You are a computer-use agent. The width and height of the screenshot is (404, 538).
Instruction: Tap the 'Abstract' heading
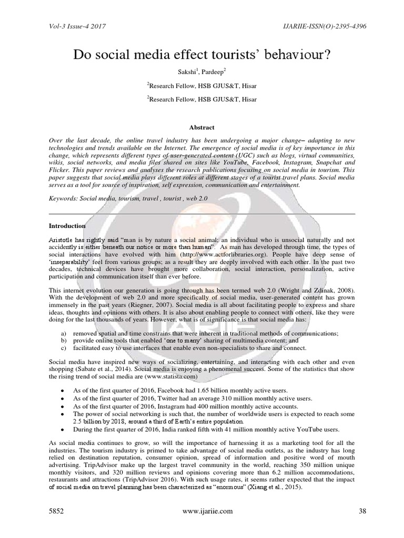coord(201,127)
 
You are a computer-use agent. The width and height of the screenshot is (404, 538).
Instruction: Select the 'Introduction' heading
coord(67,226)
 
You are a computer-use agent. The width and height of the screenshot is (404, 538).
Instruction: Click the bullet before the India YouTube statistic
coord(63,429)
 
